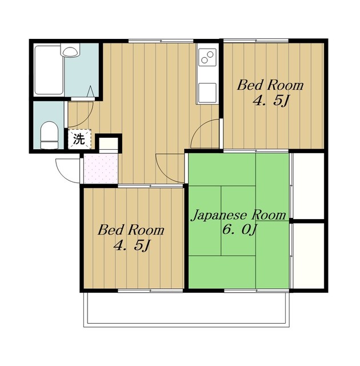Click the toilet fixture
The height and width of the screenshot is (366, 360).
pyautogui.click(x=49, y=135)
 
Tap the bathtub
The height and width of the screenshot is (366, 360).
pyautogui.click(x=49, y=70)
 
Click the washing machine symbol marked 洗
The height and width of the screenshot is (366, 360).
pyautogui.click(x=79, y=139)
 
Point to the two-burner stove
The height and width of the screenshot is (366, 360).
pyautogui.click(x=207, y=57)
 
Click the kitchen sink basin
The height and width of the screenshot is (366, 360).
pyautogui.click(x=207, y=93)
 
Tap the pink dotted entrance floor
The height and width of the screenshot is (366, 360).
pyautogui.click(x=101, y=169)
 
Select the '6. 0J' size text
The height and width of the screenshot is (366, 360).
pyautogui.click(x=239, y=230)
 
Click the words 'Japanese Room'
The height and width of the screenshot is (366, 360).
pyautogui.click(x=238, y=215)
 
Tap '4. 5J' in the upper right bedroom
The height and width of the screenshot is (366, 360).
pyautogui.click(x=271, y=101)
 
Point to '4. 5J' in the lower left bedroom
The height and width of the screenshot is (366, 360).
pyautogui.click(x=131, y=245)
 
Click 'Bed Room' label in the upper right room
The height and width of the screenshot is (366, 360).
pyautogui.click(x=270, y=85)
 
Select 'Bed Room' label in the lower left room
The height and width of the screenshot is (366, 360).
pyautogui.click(x=131, y=230)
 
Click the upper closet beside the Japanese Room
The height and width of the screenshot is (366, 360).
pyautogui.click(x=308, y=186)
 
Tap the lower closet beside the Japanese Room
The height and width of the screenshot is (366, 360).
pyautogui.click(x=308, y=256)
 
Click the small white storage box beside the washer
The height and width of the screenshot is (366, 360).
pyautogui.click(x=109, y=143)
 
